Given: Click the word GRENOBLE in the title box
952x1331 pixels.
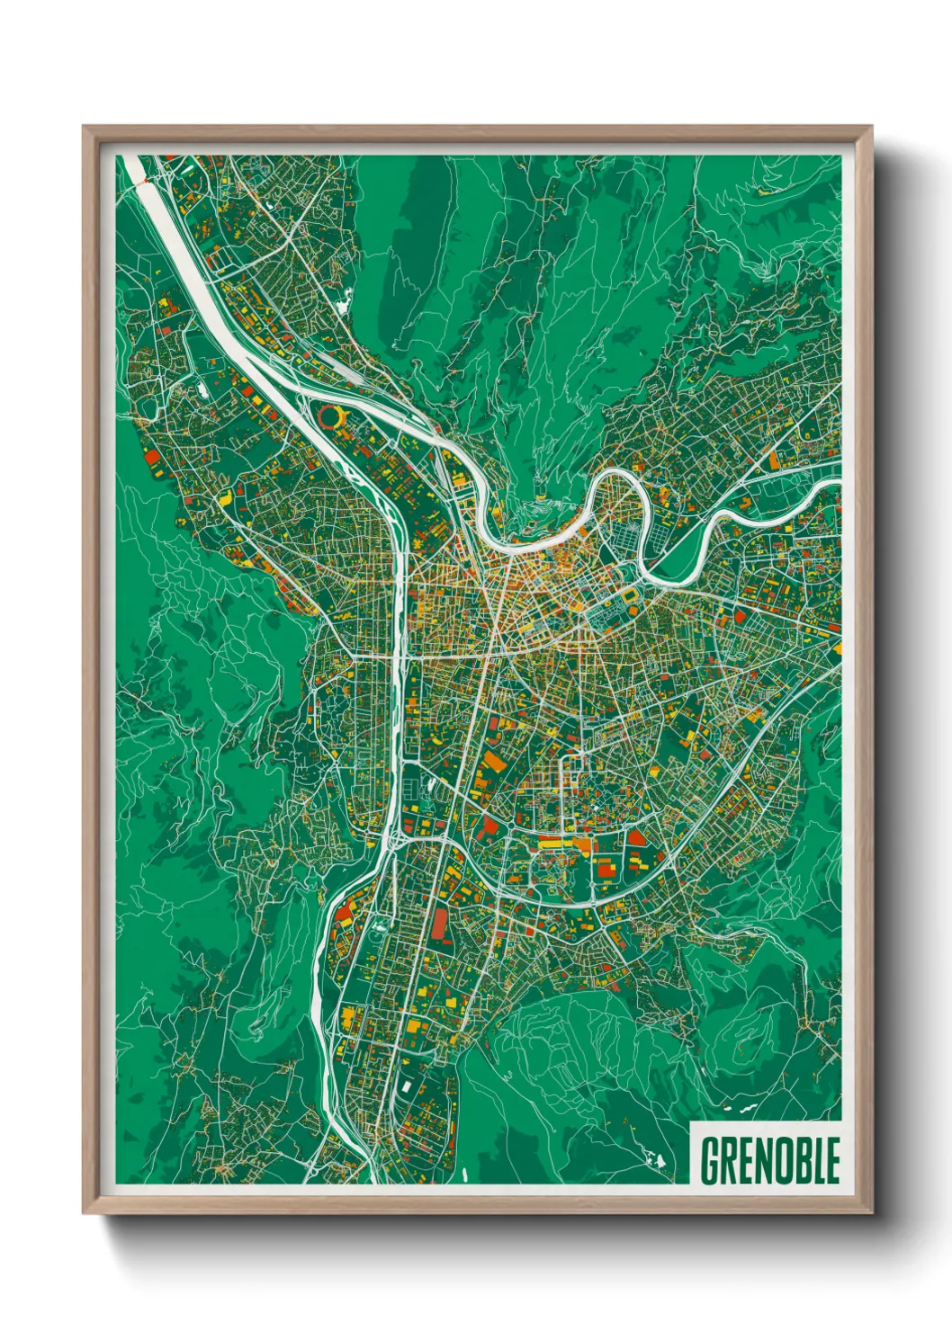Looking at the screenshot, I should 769,1160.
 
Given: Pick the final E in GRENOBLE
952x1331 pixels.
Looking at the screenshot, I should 833,1160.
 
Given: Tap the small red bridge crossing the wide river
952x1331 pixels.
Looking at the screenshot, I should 142,180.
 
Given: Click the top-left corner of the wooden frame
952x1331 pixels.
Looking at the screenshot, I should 84,127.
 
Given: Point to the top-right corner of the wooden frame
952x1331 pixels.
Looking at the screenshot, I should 871,127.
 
